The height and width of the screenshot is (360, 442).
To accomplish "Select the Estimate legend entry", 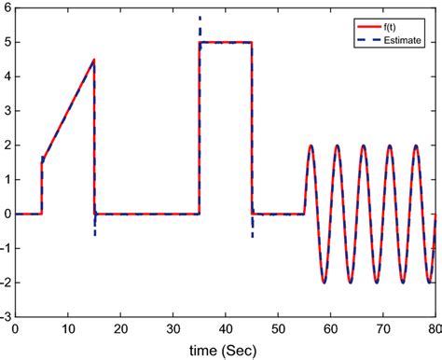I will click(391, 29).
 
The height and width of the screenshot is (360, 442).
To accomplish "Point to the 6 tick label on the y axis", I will click(7, 7).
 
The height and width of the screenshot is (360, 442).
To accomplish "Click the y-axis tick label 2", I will click(7, 145).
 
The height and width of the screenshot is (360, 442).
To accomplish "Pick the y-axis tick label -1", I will click(5, 248).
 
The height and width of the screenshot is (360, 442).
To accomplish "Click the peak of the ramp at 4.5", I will click(94, 60).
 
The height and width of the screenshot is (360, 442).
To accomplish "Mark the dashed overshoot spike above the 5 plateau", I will click(200, 21).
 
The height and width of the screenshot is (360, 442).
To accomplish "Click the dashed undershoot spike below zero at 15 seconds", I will click(94, 229).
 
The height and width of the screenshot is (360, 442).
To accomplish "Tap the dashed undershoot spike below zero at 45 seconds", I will click(253, 230).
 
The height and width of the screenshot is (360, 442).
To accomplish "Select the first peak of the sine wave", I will click(311, 145).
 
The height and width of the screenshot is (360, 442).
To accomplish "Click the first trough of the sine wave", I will click(324, 283).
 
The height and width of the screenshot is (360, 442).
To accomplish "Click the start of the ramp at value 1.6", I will click(42, 159).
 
